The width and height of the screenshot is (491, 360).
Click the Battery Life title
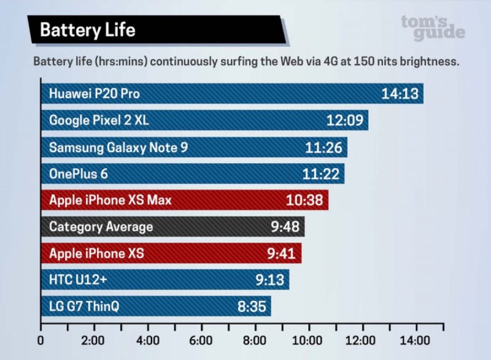(87, 29)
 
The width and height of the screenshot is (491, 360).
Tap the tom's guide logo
(433, 27)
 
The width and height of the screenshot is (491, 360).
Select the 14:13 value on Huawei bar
(399, 94)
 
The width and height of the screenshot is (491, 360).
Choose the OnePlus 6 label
(78, 174)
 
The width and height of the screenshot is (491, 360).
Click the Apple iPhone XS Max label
(110, 200)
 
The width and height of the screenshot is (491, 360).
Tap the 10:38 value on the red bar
(304, 201)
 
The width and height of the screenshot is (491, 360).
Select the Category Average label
(101, 227)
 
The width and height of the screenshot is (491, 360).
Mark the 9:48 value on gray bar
(285, 227)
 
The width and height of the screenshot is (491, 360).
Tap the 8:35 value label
(251, 306)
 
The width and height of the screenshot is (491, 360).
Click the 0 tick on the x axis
(41, 340)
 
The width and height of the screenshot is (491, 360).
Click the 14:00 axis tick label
(416, 340)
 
